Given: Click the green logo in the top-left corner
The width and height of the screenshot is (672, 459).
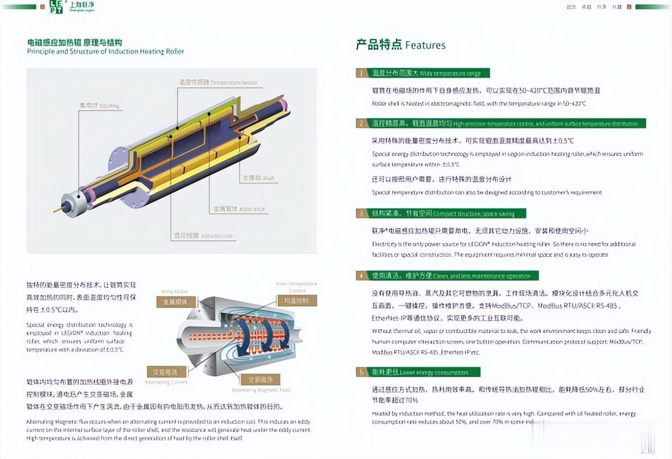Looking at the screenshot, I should click(x=56, y=7).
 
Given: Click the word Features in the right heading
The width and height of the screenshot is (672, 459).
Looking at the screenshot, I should click(x=426, y=45).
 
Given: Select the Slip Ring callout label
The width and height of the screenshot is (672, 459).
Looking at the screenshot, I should click(x=99, y=106).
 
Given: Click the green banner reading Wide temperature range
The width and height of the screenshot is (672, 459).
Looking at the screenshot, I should click(x=423, y=73).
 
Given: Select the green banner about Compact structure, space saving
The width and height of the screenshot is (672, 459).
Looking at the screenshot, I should click(x=441, y=213).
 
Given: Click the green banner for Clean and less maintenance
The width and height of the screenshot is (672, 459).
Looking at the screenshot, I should click(x=447, y=276).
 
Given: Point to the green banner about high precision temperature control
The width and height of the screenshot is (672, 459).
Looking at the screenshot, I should click(x=500, y=123).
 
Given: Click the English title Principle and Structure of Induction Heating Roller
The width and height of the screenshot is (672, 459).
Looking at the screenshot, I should click(x=105, y=51).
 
